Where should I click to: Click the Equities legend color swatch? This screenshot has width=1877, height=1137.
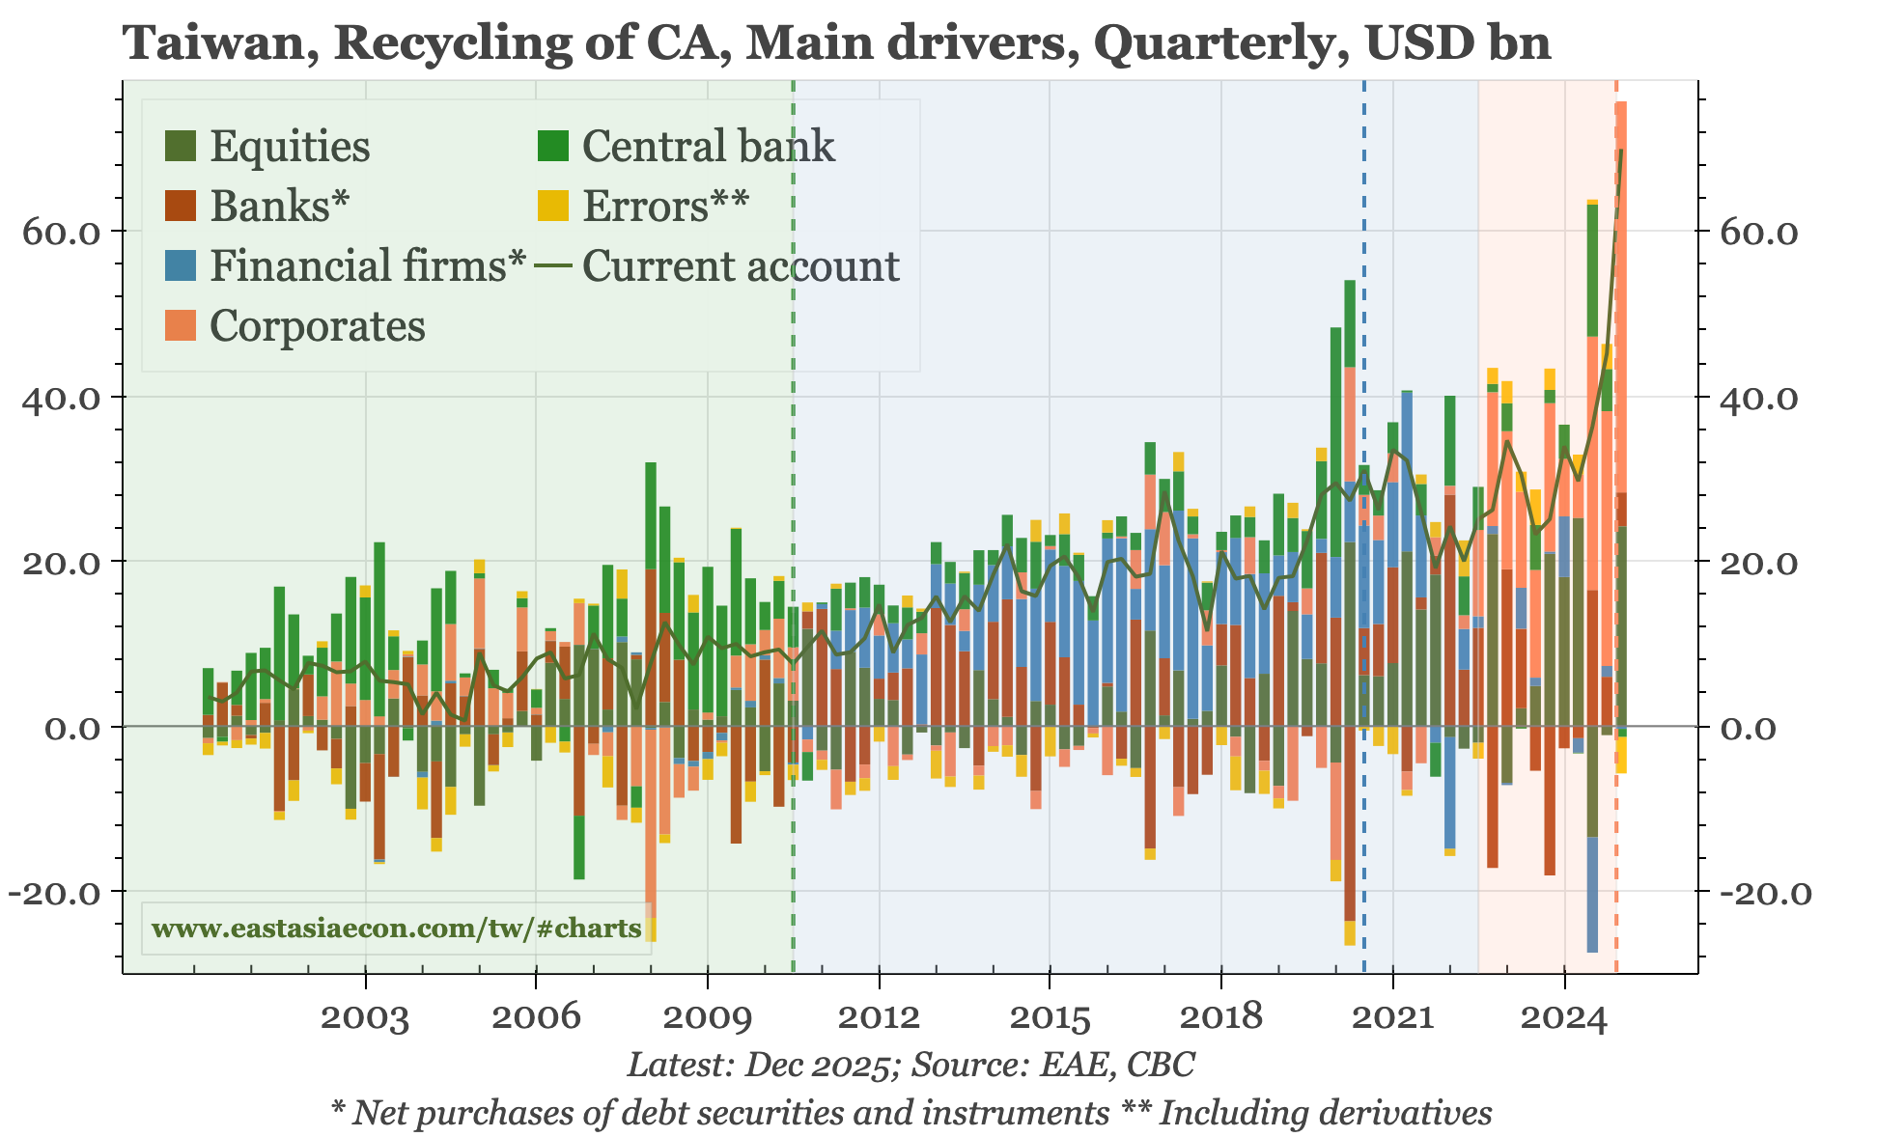pos(181,147)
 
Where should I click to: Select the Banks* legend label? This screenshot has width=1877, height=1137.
pos(279,207)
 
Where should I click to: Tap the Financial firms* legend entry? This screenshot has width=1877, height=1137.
pos(368,266)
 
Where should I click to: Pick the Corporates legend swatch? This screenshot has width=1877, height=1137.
pos(181,326)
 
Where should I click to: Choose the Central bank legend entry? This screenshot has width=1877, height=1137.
pos(708,147)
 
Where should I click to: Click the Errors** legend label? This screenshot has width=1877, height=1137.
pos(665,207)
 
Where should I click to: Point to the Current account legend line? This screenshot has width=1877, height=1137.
pos(555,266)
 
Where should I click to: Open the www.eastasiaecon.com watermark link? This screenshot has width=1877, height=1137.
pos(396,929)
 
